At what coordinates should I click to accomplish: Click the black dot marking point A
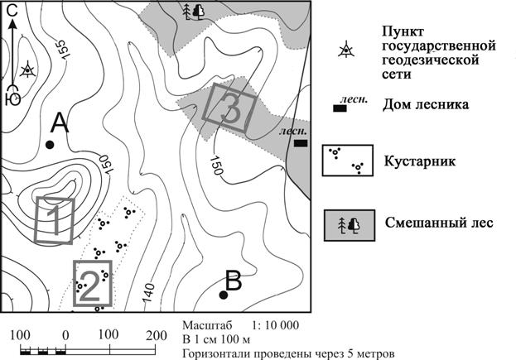(x=50, y=145)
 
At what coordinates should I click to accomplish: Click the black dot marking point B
(x=224, y=295)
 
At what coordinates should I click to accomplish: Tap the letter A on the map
(x=60, y=122)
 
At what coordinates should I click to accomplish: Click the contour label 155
(x=62, y=50)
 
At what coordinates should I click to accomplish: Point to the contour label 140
(x=149, y=292)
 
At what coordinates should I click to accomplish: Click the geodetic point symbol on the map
(x=27, y=70)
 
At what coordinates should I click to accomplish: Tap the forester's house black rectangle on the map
(x=301, y=143)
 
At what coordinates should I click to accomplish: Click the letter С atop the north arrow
(x=12, y=11)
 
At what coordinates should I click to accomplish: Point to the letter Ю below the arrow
(x=12, y=98)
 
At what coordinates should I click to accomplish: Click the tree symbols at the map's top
(x=194, y=12)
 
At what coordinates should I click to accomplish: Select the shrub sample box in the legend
(x=348, y=161)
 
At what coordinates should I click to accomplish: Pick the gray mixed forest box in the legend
(x=350, y=225)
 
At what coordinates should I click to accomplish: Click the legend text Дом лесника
(x=426, y=105)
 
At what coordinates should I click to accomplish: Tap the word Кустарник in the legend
(x=420, y=161)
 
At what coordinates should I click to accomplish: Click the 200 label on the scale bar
(x=157, y=336)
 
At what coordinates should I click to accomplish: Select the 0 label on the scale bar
(x=65, y=336)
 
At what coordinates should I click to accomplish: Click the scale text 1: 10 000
(x=276, y=325)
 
